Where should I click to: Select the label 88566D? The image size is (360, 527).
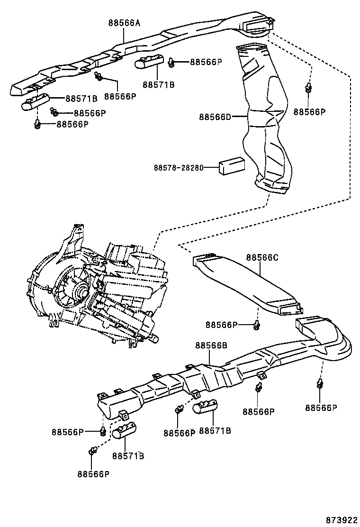(215, 117)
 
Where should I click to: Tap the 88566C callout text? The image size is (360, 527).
(261, 258)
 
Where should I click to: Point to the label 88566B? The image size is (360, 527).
(211, 345)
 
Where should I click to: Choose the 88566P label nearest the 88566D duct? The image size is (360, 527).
(310, 112)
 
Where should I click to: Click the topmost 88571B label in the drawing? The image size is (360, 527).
(159, 85)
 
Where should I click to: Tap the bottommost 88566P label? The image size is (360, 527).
(93, 473)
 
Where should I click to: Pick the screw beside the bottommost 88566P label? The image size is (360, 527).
(92, 451)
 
